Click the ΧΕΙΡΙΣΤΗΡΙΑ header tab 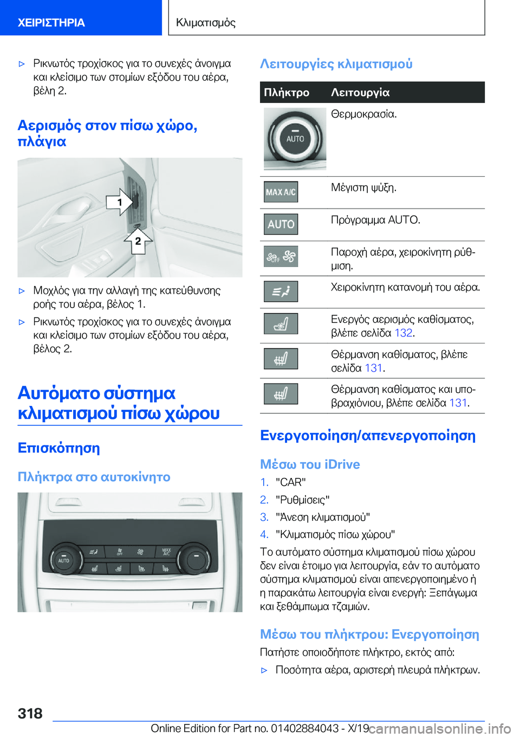[x=51, y=22]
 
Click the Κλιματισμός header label [x=206, y=22]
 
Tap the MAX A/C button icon [x=281, y=192]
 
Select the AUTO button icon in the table [x=281, y=224]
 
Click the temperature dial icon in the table [x=295, y=138]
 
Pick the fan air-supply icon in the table [x=281, y=257]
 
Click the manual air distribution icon [x=281, y=292]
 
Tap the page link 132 [x=403, y=333]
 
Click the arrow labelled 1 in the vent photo [x=120, y=202]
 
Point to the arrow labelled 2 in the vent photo [x=138, y=241]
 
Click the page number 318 [x=30, y=713]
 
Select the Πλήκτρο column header [x=287, y=93]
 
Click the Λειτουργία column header [x=360, y=93]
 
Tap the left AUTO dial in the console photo [x=64, y=559]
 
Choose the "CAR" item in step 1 [x=291, y=482]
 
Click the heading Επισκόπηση [x=58, y=448]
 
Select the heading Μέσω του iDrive [x=310, y=464]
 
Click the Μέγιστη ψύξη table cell [x=363, y=187]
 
